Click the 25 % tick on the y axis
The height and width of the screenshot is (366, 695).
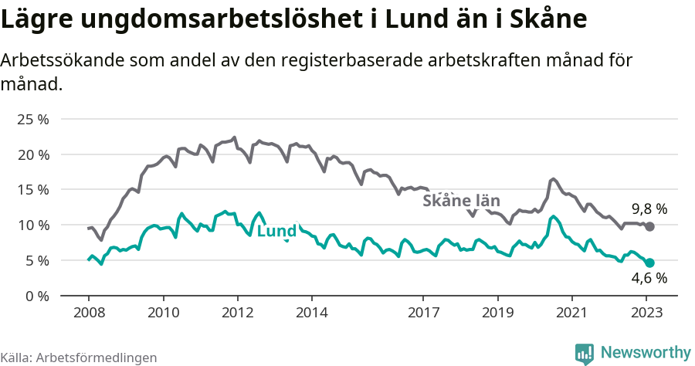pyautogui.click(x=32, y=119)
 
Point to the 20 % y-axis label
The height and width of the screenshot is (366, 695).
pyautogui.click(x=32, y=154)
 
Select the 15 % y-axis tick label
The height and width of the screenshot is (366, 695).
pyautogui.click(x=32, y=190)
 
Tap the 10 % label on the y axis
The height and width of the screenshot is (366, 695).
pyautogui.click(x=32, y=225)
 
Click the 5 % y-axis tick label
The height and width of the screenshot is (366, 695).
pyautogui.click(x=36, y=260)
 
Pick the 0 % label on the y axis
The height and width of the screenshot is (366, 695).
pyautogui.click(x=36, y=296)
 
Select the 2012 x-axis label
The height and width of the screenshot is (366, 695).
pyautogui.click(x=237, y=314)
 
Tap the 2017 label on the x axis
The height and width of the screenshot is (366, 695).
pyautogui.click(x=423, y=314)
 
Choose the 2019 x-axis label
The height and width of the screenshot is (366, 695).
pyautogui.click(x=497, y=314)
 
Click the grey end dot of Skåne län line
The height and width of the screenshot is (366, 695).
pyautogui.click(x=650, y=226)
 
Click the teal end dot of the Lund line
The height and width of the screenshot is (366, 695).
pyautogui.click(x=650, y=263)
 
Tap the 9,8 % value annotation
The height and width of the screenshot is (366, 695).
pyautogui.click(x=649, y=209)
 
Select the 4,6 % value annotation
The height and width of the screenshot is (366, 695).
pyautogui.click(x=649, y=279)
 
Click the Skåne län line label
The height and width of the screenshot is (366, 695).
pyautogui.click(x=462, y=201)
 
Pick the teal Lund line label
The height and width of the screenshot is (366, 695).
pyautogui.click(x=276, y=232)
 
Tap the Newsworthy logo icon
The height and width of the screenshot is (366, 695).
pyautogui.click(x=585, y=353)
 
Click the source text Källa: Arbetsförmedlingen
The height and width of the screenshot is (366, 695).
pyautogui.click(x=79, y=358)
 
